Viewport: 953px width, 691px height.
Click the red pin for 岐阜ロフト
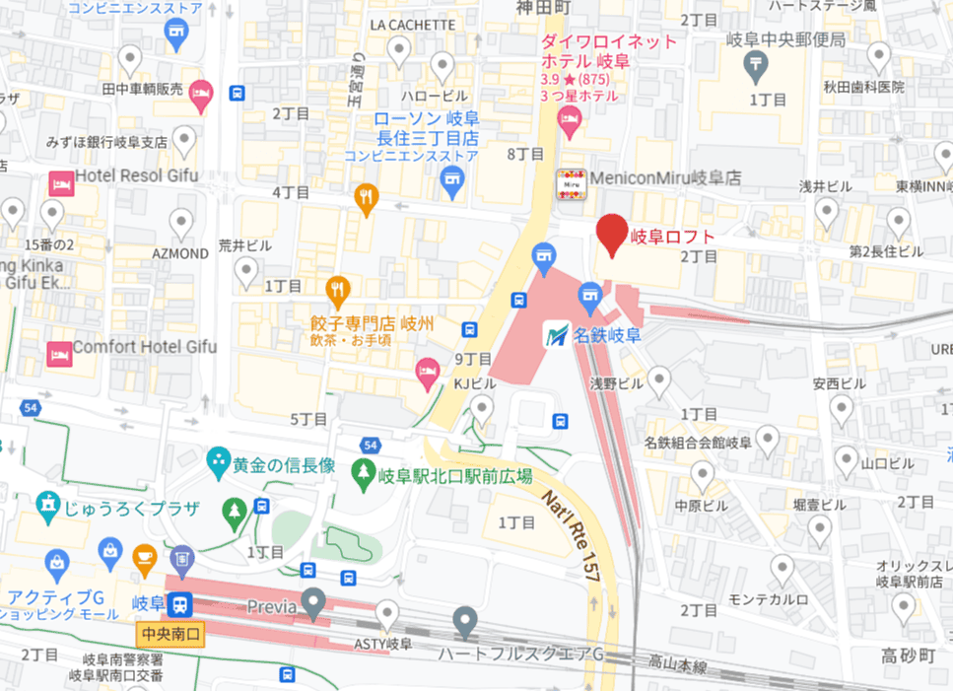click(x=613, y=234)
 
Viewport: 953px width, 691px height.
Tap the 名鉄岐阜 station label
click(x=607, y=335)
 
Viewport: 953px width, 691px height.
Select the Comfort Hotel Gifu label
click(x=145, y=348)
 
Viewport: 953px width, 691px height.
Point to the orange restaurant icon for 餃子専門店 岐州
click(x=338, y=289)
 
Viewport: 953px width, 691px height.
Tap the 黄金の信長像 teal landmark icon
click(x=217, y=460)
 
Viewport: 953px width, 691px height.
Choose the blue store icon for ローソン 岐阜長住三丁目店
click(x=452, y=177)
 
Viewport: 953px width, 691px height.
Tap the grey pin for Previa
click(x=314, y=602)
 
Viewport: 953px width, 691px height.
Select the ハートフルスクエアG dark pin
click(x=465, y=621)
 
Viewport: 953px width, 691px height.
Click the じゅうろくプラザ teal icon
click(x=47, y=507)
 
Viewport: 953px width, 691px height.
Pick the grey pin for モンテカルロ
click(x=782, y=569)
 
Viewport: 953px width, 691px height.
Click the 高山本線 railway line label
click(x=679, y=666)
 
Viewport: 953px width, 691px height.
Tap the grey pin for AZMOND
click(x=181, y=223)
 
